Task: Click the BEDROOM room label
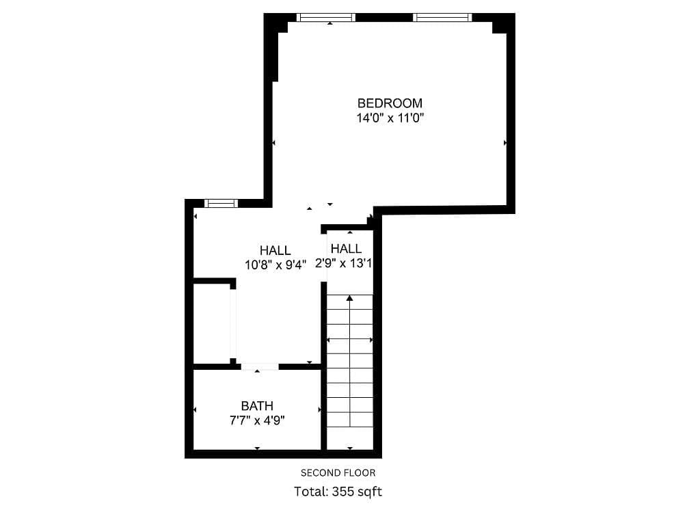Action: pos(390,103)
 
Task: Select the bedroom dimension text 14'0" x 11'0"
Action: pos(390,118)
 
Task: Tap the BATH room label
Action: pos(257,406)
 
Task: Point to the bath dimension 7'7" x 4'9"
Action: pos(257,420)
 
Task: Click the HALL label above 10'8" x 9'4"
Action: pos(275,251)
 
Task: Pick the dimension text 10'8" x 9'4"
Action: pos(275,265)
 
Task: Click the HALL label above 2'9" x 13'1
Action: pos(346,249)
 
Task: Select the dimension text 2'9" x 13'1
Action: pos(343,263)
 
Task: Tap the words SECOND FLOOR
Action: pos(338,472)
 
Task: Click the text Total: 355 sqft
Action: pos(338,491)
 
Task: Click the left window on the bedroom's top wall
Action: pos(326,17)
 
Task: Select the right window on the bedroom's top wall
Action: pos(442,17)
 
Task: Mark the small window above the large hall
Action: pos(221,203)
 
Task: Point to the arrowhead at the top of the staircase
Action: pos(349,298)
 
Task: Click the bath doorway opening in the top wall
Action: pos(260,366)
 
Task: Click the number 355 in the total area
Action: pos(344,491)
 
